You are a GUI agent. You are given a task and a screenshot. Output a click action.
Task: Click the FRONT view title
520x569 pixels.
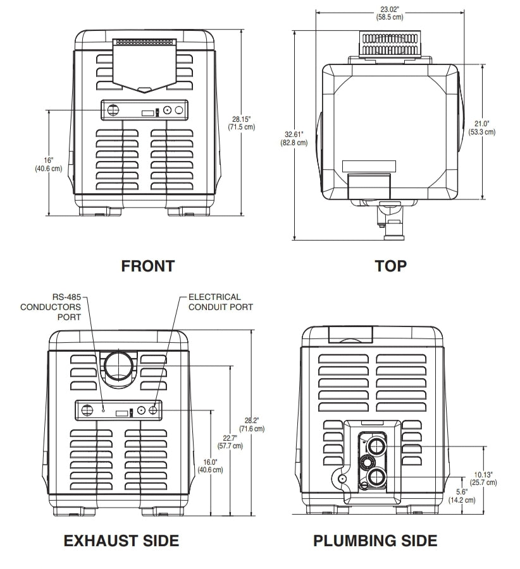pyautogui.click(x=147, y=266)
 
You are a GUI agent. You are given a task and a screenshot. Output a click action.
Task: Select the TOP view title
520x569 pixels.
pyautogui.click(x=390, y=266)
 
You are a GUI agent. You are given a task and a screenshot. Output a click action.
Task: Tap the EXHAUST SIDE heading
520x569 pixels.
pyautogui.click(x=121, y=541)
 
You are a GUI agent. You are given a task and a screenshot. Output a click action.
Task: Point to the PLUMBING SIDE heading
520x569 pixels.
pyautogui.click(x=375, y=541)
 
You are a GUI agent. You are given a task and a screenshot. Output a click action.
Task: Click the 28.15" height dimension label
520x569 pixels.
pyautogui.click(x=242, y=123)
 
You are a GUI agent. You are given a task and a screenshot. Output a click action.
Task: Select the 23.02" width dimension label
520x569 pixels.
pyautogui.click(x=391, y=13)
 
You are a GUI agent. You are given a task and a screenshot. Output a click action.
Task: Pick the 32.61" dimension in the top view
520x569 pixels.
pyautogui.click(x=295, y=138)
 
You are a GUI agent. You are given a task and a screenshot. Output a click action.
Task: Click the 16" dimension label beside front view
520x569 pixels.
pyautogui.click(x=49, y=164)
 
